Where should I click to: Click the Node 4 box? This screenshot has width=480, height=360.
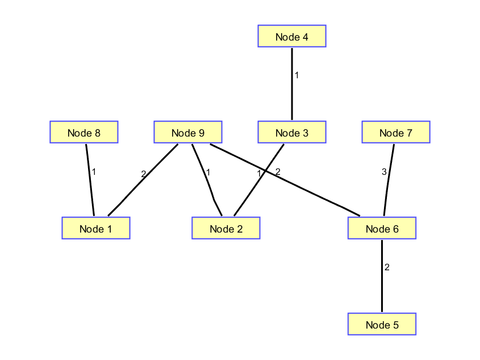pyautogui.click(x=291, y=37)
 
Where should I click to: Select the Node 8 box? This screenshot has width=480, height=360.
pyautogui.click(x=84, y=133)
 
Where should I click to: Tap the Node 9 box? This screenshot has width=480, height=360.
pyautogui.click(x=188, y=133)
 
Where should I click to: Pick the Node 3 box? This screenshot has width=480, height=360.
pyautogui.click(x=291, y=133)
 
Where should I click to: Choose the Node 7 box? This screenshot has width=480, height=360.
pyautogui.click(x=395, y=133)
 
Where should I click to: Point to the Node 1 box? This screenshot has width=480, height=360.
pyautogui.click(x=96, y=229)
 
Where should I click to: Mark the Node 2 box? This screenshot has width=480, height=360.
pyautogui.click(x=226, y=229)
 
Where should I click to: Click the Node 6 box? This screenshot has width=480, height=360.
pyautogui.click(x=382, y=229)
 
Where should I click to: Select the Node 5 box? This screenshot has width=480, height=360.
pyautogui.click(x=382, y=325)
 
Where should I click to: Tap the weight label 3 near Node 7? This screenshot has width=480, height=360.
pyautogui.click(x=384, y=171)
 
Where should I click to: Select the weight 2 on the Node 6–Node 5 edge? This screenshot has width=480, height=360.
pyautogui.click(x=387, y=267)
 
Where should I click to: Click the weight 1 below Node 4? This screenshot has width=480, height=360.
pyautogui.click(x=297, y=75)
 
